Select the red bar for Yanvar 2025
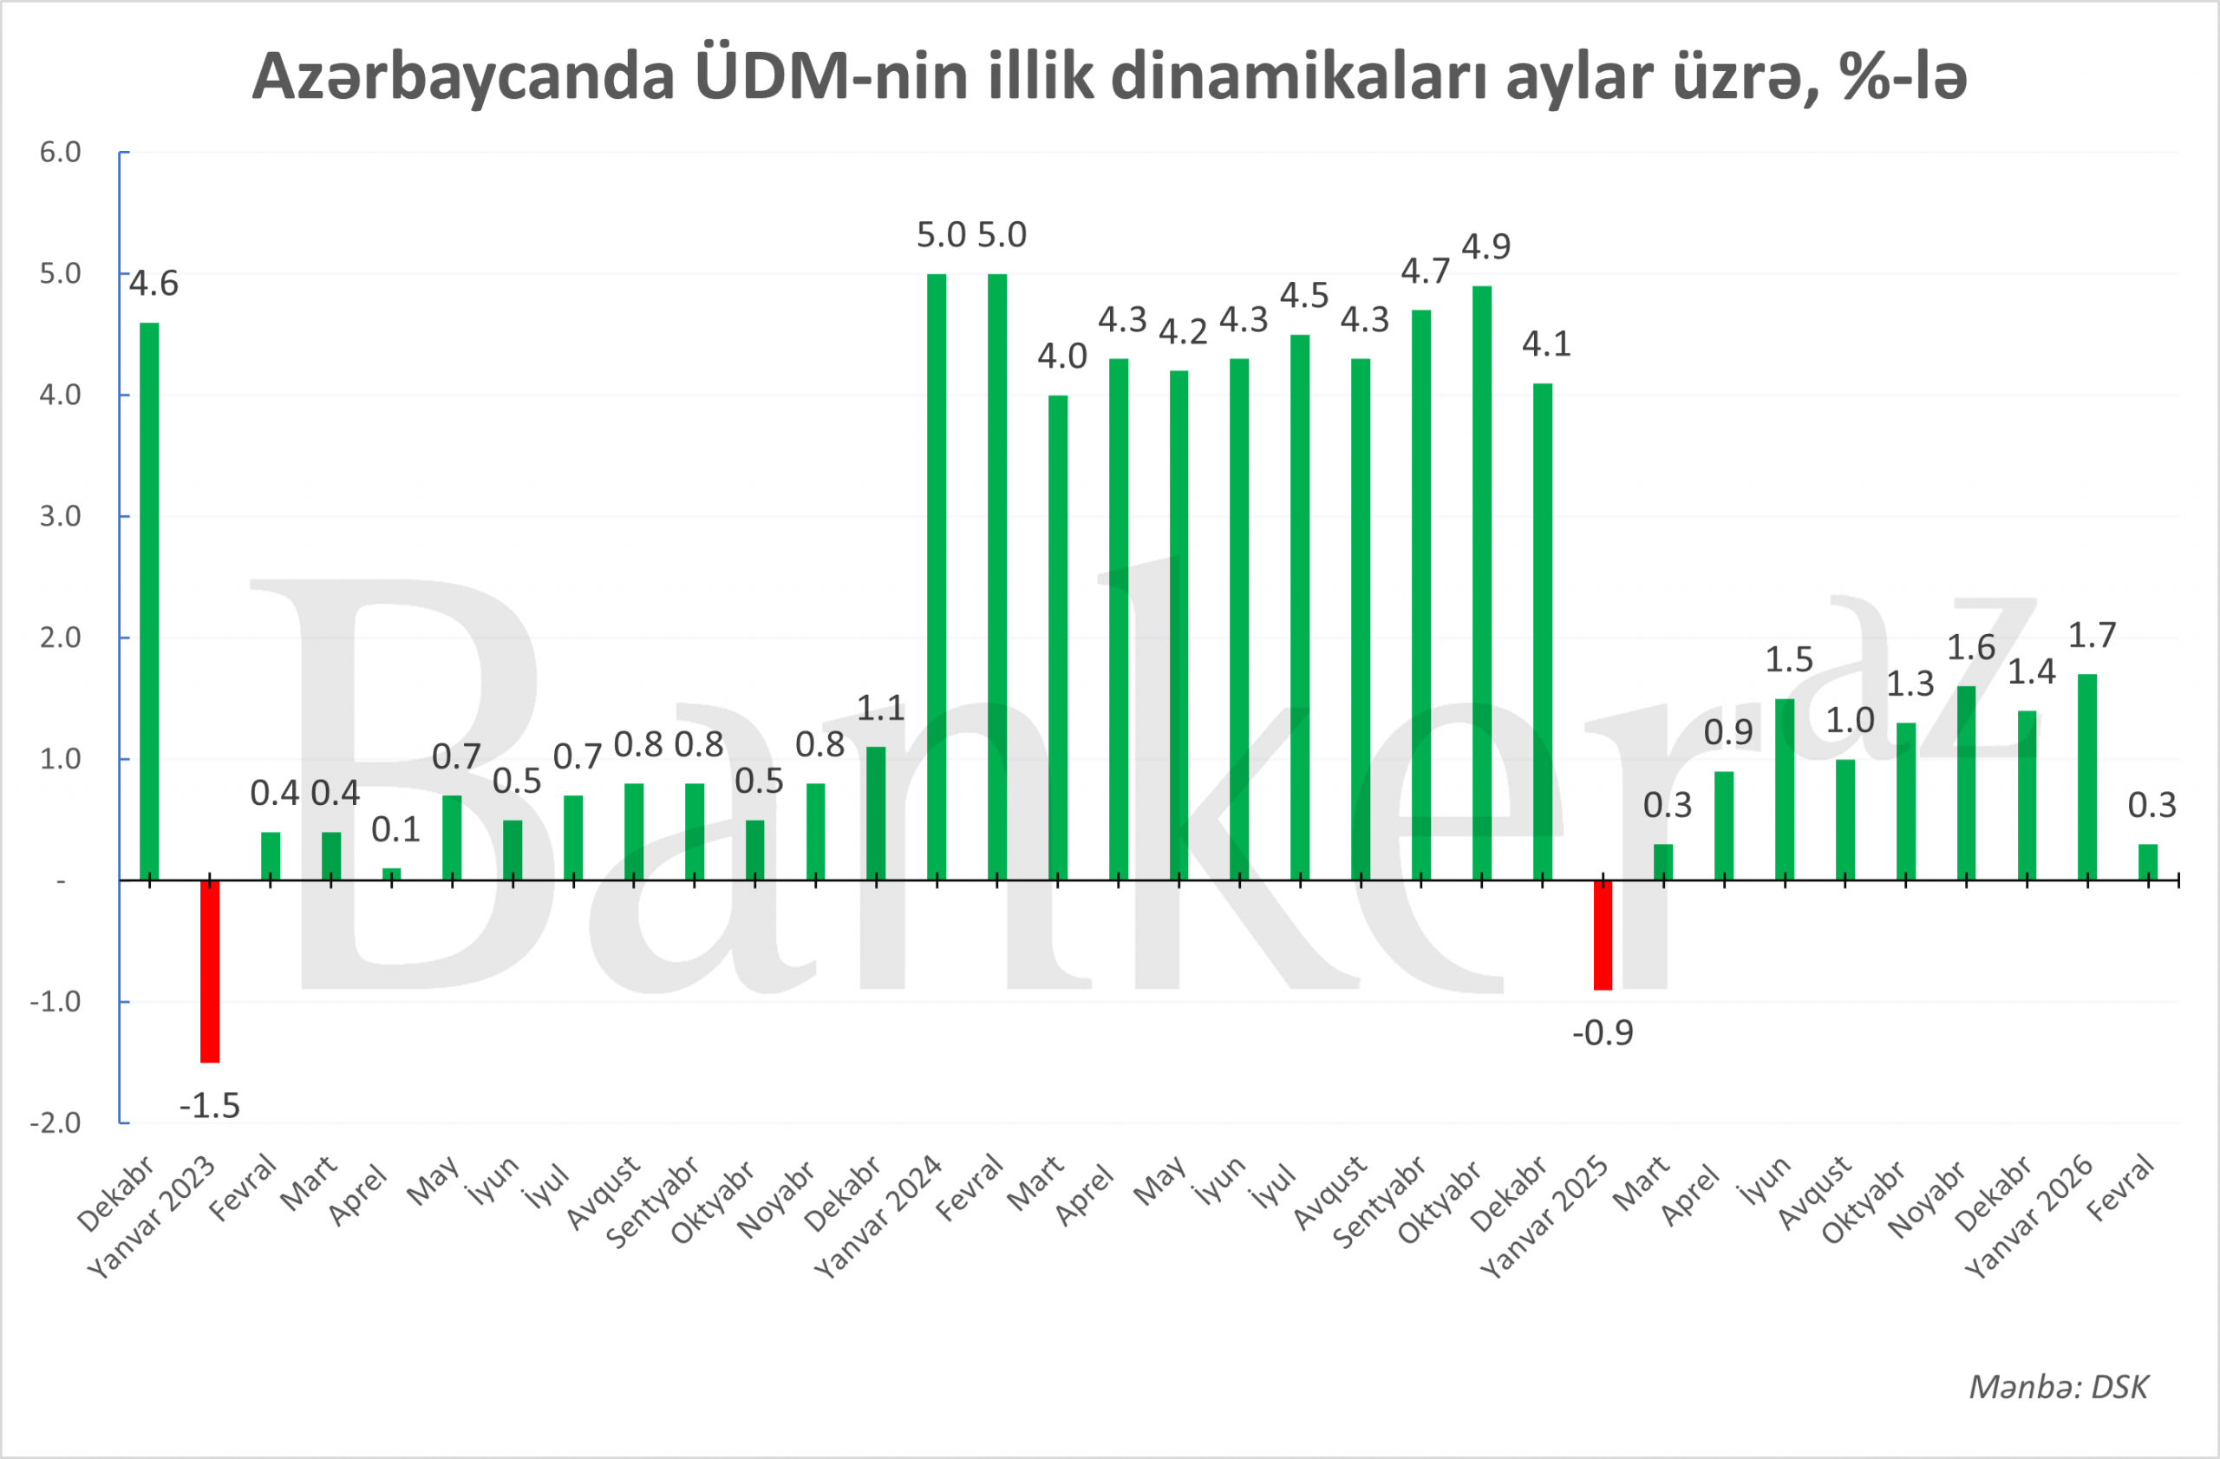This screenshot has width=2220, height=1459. (1603, 935)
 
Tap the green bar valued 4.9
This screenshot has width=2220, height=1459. (1481, 583)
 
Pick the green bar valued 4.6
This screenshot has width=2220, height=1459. (149, 602)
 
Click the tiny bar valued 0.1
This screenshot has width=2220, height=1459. (392, 874)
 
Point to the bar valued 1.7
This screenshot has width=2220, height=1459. (2087, 777)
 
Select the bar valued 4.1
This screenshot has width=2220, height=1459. (1543, 631)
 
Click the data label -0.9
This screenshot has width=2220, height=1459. (1603, 1034)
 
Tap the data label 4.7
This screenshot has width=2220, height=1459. (1426, 272)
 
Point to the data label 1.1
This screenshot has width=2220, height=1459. (880, 709)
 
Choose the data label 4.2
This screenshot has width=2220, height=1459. (1183, 332)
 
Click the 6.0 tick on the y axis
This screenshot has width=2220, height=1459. (61, 152)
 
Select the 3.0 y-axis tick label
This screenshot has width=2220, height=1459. (61, 516)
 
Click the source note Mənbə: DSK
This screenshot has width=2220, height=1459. (2059, 1387)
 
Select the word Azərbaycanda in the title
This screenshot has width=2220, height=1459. (464, 76)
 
